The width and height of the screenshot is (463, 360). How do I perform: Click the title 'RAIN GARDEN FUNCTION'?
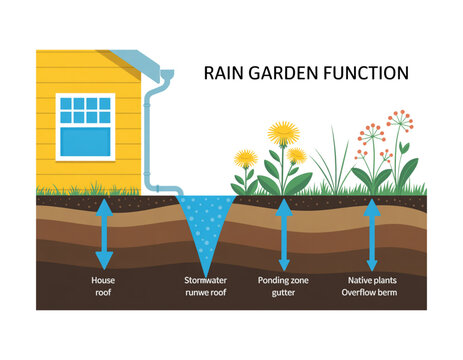[x=305, y=73]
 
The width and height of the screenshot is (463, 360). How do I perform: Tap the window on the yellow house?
[x=85, y=126]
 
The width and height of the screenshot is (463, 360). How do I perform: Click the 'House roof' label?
[x=103, y=288]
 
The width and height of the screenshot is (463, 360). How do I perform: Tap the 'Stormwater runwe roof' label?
[x=206, y=288]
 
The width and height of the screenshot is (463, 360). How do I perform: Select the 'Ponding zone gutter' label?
[x=283, y=288]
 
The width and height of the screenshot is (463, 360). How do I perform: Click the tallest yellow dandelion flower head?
[x=284, y=132]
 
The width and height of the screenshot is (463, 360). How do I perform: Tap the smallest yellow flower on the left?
[x=244, y=158]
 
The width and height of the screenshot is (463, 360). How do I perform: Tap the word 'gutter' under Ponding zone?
[x=283, y=295]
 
